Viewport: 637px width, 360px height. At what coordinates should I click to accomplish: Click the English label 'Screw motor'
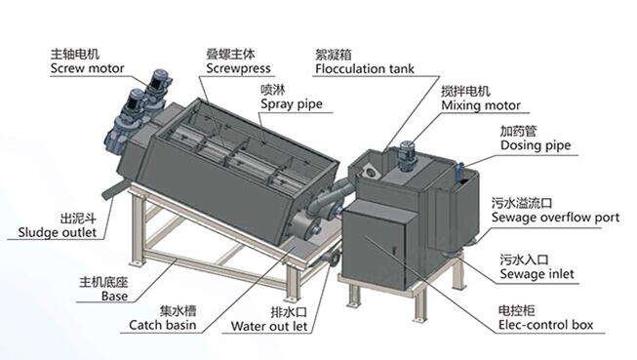click(x=88, y=68)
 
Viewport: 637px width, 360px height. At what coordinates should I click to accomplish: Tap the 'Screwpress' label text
click(x=238, y=68)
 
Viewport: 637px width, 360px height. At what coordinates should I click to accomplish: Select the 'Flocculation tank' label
click(x=365, y=68)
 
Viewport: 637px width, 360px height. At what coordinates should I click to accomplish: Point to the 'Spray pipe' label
click(x=292, y=104)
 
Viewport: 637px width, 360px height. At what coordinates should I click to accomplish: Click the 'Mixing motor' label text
click(x=481, y=105)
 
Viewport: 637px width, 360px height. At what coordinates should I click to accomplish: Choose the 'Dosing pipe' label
click(x=536, y=145)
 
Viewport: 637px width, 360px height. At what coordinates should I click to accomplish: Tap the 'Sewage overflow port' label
click(x=555, y=218)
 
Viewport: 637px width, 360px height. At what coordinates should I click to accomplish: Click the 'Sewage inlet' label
click(x=537, y=274)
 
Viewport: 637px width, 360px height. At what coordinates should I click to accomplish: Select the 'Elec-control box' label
click(x=545, y=325)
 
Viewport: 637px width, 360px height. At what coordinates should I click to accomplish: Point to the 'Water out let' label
click(x=269, y=326)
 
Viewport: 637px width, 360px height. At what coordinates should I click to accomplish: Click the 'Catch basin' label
click(x=163, y=325)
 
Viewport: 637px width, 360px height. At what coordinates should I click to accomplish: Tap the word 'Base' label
click(x=114, y=297)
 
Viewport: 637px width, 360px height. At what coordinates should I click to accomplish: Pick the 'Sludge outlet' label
click(x=58, y=233)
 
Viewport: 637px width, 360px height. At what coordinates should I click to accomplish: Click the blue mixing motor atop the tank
click(x=406, y=155)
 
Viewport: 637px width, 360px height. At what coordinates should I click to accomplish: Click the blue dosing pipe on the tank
click(x=458, y=174)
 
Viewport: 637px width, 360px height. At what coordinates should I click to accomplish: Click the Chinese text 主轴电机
click(x=75, y=54)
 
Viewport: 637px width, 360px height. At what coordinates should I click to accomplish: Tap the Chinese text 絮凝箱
click(x=334, y=55)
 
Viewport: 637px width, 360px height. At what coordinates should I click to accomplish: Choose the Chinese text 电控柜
click(x=517, y=311)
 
